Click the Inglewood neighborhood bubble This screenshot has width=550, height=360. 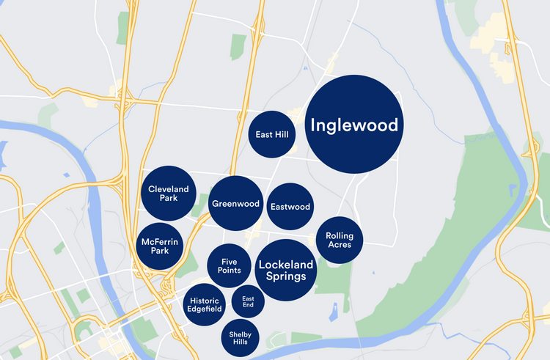354,125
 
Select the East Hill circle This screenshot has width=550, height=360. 271,135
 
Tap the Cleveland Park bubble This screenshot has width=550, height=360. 169,194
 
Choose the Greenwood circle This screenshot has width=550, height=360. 235,204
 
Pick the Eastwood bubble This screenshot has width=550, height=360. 290,207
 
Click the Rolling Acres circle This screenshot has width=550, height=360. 340,240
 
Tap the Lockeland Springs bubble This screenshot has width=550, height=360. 285,270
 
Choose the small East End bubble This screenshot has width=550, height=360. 248,301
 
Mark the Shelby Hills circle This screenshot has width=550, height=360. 243,337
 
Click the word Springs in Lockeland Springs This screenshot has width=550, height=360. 285,276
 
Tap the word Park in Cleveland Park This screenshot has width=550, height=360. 169,199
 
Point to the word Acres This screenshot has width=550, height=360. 340,245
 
